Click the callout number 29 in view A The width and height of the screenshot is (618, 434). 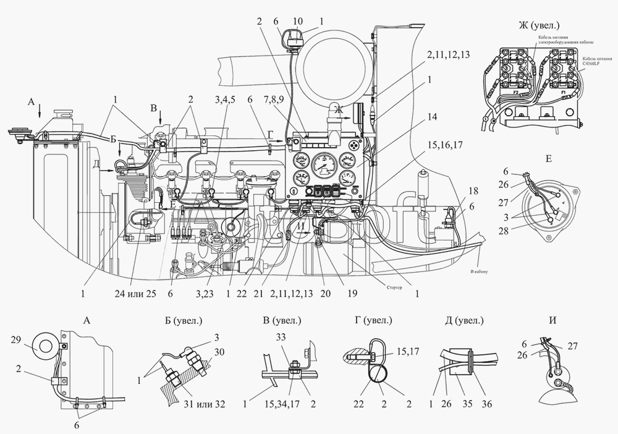17,339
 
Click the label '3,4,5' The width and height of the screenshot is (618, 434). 225,99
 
